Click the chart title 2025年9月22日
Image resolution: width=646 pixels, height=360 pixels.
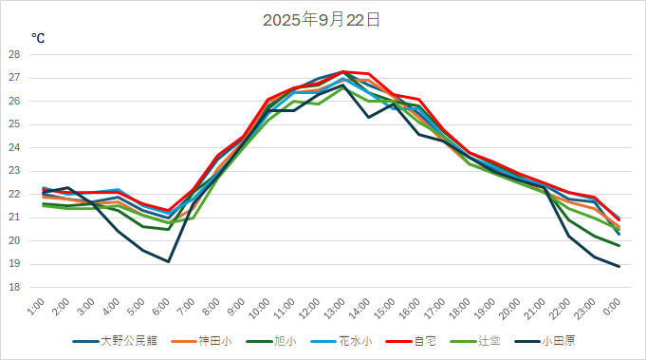[x=322, y=19]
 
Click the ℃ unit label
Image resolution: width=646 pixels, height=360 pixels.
[x=37, y=38]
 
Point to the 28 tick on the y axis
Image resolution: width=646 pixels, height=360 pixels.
[x=14, y=54]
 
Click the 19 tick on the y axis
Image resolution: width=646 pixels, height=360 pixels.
[x=14, y=264]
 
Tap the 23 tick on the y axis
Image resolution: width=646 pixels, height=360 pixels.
[x=14, y=171]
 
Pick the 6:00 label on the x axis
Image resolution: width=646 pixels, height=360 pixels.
[x=162, y=307]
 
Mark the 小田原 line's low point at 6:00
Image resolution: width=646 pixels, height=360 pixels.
[x=169, y=261]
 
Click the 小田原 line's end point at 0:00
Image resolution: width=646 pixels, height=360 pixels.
[x=619, y=266]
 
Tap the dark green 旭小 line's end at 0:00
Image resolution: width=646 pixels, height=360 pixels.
[x=619, y=245]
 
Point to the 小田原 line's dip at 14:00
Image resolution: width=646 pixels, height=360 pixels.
[x=368, y=117]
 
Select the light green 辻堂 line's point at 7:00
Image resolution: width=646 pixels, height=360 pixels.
[x=194, y=218]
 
